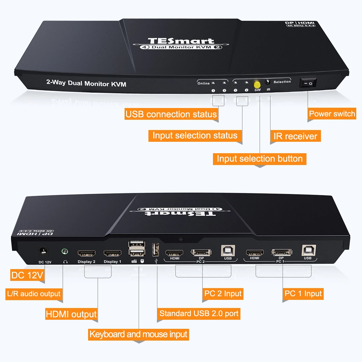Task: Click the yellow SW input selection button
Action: [x=257, y=84]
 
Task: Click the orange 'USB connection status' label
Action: [x=171, y=114]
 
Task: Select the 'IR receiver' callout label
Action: [x=295, y=136]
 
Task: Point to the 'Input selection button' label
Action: [x=259, y=159]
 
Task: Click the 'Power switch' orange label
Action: [x=332, y=114]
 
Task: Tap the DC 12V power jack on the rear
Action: [x=43, y=251]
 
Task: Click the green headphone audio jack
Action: [x=65, y=251]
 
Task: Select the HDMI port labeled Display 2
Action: [x=87, y=253]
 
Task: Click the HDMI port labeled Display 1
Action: [x=112, y=253]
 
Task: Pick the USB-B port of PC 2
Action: [x=227, y=250]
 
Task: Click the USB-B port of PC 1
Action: [x=309, y=250]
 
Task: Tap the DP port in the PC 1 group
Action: [x=282, y=252]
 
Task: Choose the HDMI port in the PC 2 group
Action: [x=174, y=252]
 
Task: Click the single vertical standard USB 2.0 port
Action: [x=155, y=249]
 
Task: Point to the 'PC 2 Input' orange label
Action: [x=223, y=294]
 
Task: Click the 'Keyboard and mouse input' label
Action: [x=138, y=335]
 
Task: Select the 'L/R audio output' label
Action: [x=34, y=294]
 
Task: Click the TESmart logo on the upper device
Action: [x=181, y=41]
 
